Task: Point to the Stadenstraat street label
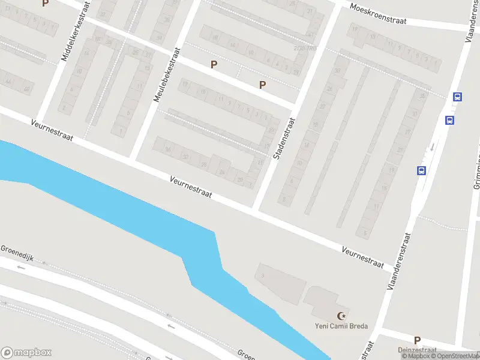(x=285, y=138)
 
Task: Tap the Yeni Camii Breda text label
(x=341, y=327)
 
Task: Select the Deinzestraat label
(x=415, y=350)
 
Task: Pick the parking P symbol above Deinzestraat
(x=417, y=340)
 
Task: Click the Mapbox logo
(x=26, y=353)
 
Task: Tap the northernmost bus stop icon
(x=457, y=97)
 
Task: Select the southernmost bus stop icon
(x=421, y=170)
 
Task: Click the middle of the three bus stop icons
(x=449, y=120)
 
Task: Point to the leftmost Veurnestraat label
(x=53, y=130)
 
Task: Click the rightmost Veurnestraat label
(x=362, y=256)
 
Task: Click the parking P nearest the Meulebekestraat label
(x=214, y=64)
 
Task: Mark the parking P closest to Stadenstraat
(x=262, y=85)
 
